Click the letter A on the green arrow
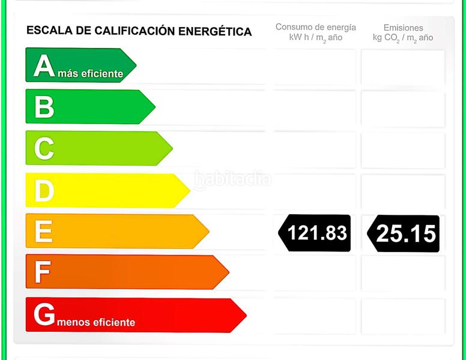click(44, 65)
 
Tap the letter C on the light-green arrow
click(44, 149)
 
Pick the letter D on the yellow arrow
click(44, 191)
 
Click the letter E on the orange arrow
click(43, 232)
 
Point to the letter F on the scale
click(42, 272)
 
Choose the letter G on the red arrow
click(44, 314)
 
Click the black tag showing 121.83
click(316, 233)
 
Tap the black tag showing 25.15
click(404, 233)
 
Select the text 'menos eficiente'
click(96, 322)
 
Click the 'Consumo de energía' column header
click(315, 28)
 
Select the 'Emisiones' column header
click(403, 28)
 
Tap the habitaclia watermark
click(233, 179)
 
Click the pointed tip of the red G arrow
click(245, 315)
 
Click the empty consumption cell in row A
click(315, 67)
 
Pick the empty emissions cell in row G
click(403, 316)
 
